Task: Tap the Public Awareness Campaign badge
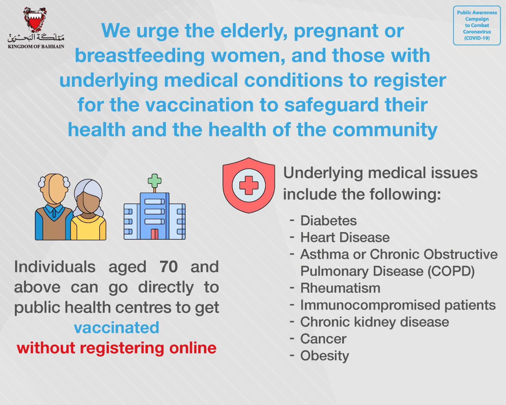click(477, 25)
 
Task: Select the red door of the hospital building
click(154, 234)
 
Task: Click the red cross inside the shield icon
click(249, 185)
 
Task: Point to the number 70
click(168, 267)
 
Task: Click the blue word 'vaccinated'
click(116, 327)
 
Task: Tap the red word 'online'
click(193, 348)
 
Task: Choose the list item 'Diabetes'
click(328, 221)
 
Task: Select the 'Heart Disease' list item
click(345, 237)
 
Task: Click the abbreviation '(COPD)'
click(451, 271)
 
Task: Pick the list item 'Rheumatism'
click(340, 288)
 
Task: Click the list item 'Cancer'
click(323, 339)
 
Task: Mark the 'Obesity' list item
click(324, 356)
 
